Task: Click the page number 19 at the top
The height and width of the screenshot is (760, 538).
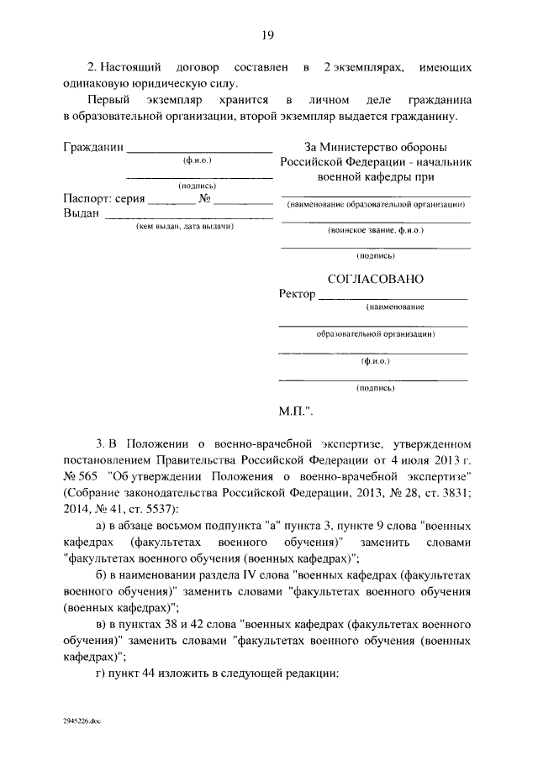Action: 268,34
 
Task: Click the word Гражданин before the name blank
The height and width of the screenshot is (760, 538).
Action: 92,147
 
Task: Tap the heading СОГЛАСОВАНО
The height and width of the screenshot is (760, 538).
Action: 374,277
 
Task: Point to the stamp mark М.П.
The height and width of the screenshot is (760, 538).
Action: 296,412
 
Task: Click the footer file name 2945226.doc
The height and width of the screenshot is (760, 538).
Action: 81,721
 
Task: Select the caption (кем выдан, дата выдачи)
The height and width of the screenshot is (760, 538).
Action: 185,227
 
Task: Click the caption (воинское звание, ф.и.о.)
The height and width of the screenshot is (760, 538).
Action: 376,229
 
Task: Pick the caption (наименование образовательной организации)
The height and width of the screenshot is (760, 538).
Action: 376,204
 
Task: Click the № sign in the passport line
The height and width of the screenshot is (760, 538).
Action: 203,199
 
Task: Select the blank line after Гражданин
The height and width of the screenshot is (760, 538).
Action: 199,150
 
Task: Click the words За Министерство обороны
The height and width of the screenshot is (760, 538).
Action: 374,147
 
